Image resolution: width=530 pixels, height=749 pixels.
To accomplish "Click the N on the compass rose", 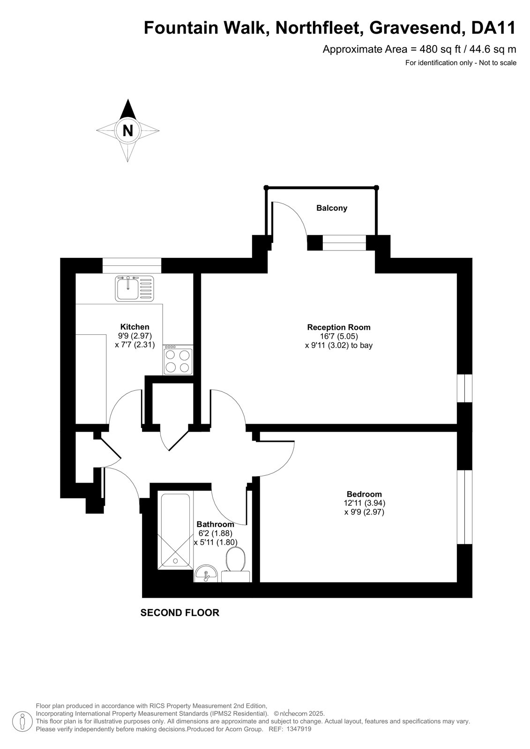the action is point(127,131).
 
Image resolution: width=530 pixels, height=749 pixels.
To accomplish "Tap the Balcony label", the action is point(331,208).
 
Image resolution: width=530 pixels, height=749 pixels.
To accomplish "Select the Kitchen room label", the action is point(134,327).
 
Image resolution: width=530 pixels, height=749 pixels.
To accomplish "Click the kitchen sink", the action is point(134,288).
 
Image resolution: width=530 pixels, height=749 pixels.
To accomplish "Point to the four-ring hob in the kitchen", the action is point(178,360).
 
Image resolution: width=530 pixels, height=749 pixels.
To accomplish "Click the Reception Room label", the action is point(339,327).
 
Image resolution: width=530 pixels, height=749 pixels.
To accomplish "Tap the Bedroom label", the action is point(364,494).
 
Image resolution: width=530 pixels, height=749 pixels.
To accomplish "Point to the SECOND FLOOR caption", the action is point(180,613).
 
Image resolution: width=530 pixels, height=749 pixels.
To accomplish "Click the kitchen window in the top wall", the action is point(132,265).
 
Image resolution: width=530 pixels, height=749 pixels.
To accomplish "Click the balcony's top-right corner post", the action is point(376,187).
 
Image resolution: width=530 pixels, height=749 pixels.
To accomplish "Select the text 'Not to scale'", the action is point(498,63).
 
